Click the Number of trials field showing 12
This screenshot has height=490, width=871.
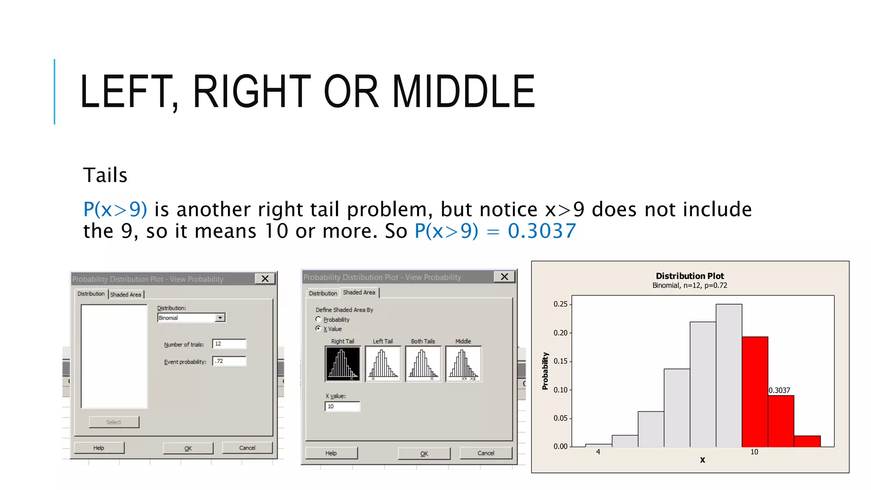point(229,344)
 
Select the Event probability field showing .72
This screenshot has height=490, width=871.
point(229,361)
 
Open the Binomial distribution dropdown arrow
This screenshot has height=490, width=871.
point(220,318)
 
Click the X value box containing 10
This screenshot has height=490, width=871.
point(342,406)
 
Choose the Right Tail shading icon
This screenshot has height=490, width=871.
point(343,364)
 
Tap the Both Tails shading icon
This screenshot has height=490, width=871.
point(423,364)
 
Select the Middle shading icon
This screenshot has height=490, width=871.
point(464,364)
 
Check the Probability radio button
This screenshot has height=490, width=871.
point(318,319)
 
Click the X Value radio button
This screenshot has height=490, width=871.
point(318,329)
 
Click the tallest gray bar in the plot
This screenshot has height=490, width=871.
point(729,374)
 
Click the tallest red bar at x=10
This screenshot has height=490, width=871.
point(755,391)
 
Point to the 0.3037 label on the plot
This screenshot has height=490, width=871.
point(779,390)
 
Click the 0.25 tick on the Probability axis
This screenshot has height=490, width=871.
point(561,304)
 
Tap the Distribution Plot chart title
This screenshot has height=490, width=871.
point(689,276)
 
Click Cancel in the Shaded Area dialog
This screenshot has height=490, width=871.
point(486,453)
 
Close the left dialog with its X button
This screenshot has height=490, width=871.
point(265,279)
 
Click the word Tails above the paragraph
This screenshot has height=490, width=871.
point(105,175)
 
